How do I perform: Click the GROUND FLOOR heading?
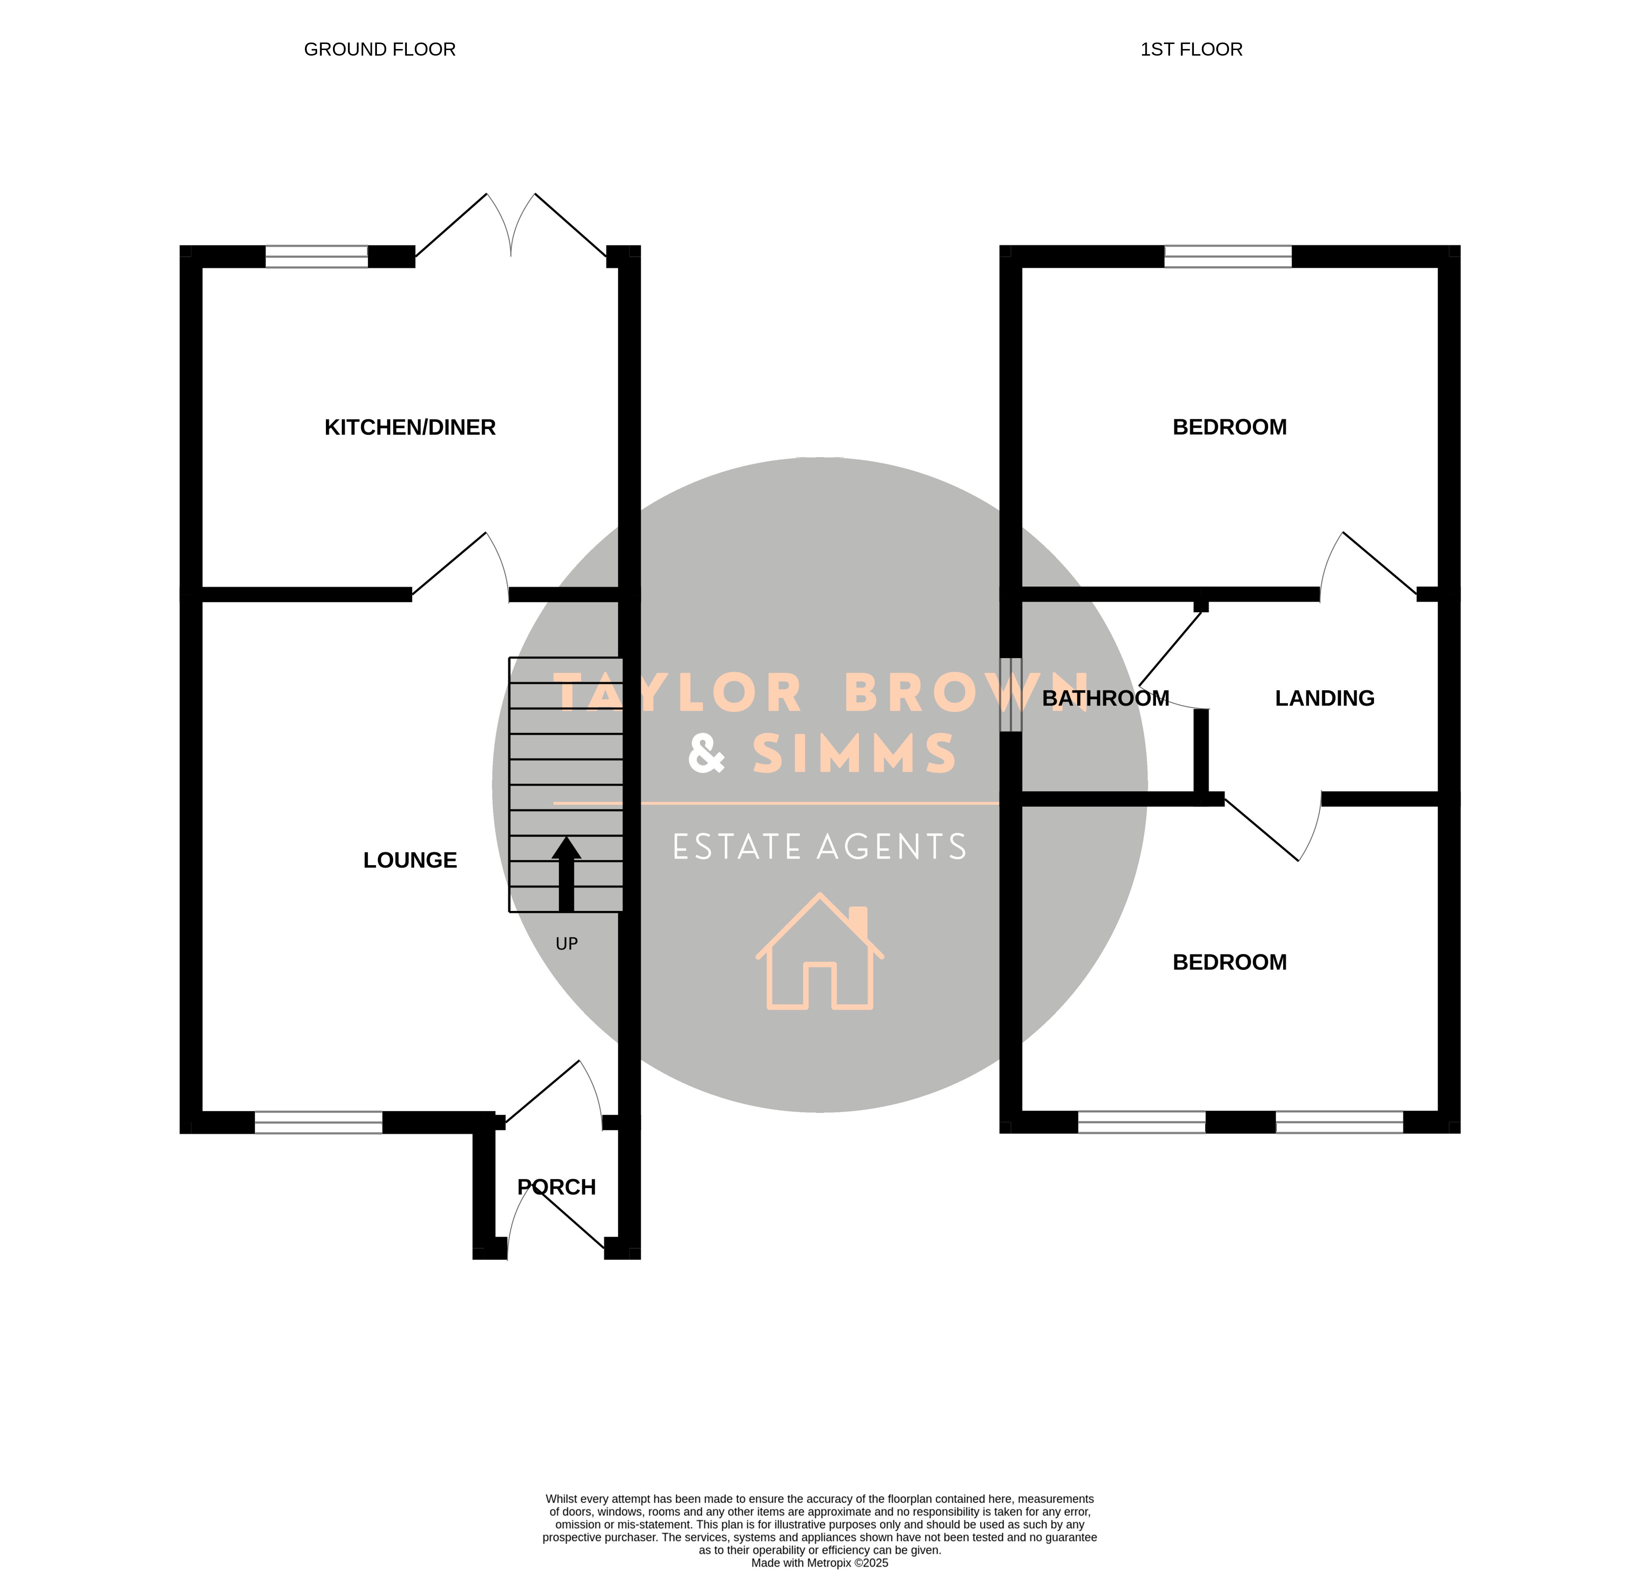point(380,50)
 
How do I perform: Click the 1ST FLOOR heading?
point(1192,50)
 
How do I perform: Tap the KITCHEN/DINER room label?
point(410,427)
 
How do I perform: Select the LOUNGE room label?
point(410,860)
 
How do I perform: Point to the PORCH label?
point(556,1187)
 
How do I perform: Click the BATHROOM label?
point(1105,698)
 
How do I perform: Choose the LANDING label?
point(1324,698)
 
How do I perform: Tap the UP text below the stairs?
point(566,944)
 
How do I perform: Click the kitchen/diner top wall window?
point(316,257)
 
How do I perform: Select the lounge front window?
point(319,1123)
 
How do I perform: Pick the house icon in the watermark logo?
point(820,952)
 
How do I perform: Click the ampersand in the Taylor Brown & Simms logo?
point(706,753)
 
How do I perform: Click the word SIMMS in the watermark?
point(854,753)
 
